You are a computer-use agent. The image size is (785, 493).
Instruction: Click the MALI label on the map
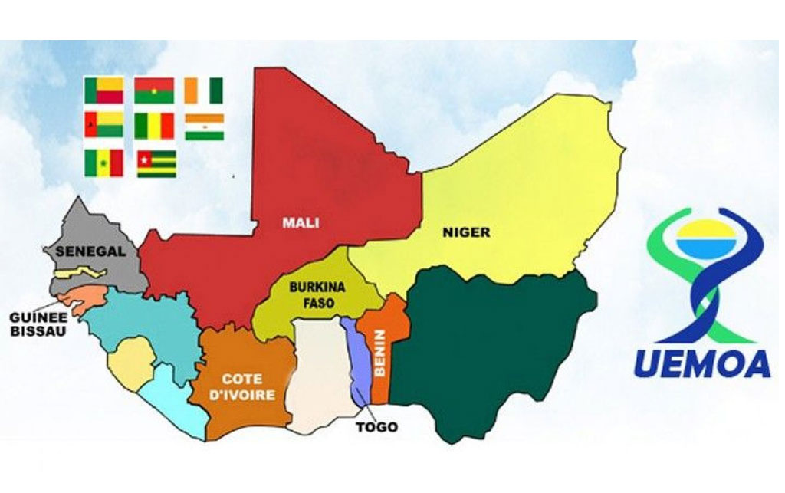coord(300,223)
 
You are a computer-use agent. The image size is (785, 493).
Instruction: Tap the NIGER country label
coord(466,232)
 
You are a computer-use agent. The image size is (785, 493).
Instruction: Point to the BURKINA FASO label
coord(317,295)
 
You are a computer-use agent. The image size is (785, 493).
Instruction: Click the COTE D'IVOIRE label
coord(242,386)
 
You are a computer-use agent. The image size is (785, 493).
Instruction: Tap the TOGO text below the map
coord(377,427)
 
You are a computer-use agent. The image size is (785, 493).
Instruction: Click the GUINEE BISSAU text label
coord(38,324)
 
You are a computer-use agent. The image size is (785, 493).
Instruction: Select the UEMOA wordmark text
coord(703,362)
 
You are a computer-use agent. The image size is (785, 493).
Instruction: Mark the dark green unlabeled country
coord(491,345)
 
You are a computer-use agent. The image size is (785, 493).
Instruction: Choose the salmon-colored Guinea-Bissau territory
coord(77,297)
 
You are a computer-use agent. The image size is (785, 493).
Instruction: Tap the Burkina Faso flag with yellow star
coord(154,90)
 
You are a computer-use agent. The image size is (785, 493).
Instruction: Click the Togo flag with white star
coord(156,163)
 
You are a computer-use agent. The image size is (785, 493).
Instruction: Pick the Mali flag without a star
coord(154,126)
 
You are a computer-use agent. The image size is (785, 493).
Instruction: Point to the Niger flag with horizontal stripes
coord(204,127)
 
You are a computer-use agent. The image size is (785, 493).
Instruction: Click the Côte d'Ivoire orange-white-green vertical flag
coord(204,90)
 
